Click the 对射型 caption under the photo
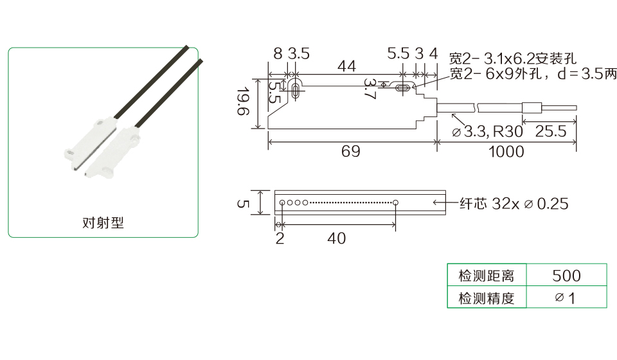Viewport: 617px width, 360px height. pyautogui.click(x=103, y=222)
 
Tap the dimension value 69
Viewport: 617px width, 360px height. pyautogui.click(x=351, y=152)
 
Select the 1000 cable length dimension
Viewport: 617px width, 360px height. pyautogui.click(x=506, y=152)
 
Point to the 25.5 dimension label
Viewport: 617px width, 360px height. pyautogui.click(x=551, y=131)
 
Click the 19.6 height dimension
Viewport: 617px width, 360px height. pyautogui.click(x=244, y=101)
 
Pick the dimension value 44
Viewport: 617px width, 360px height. pyautogui.click(x=346, y=66)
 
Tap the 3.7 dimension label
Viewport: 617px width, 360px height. pyautogui.click(x=370, y=89)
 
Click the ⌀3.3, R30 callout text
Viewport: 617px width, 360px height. pyautogui.click(x=487, y=131)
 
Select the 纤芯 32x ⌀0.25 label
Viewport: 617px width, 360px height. pyautogui.click(x=514, y=203)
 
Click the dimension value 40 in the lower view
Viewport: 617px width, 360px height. pyautogui.click(x=336, y=238)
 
